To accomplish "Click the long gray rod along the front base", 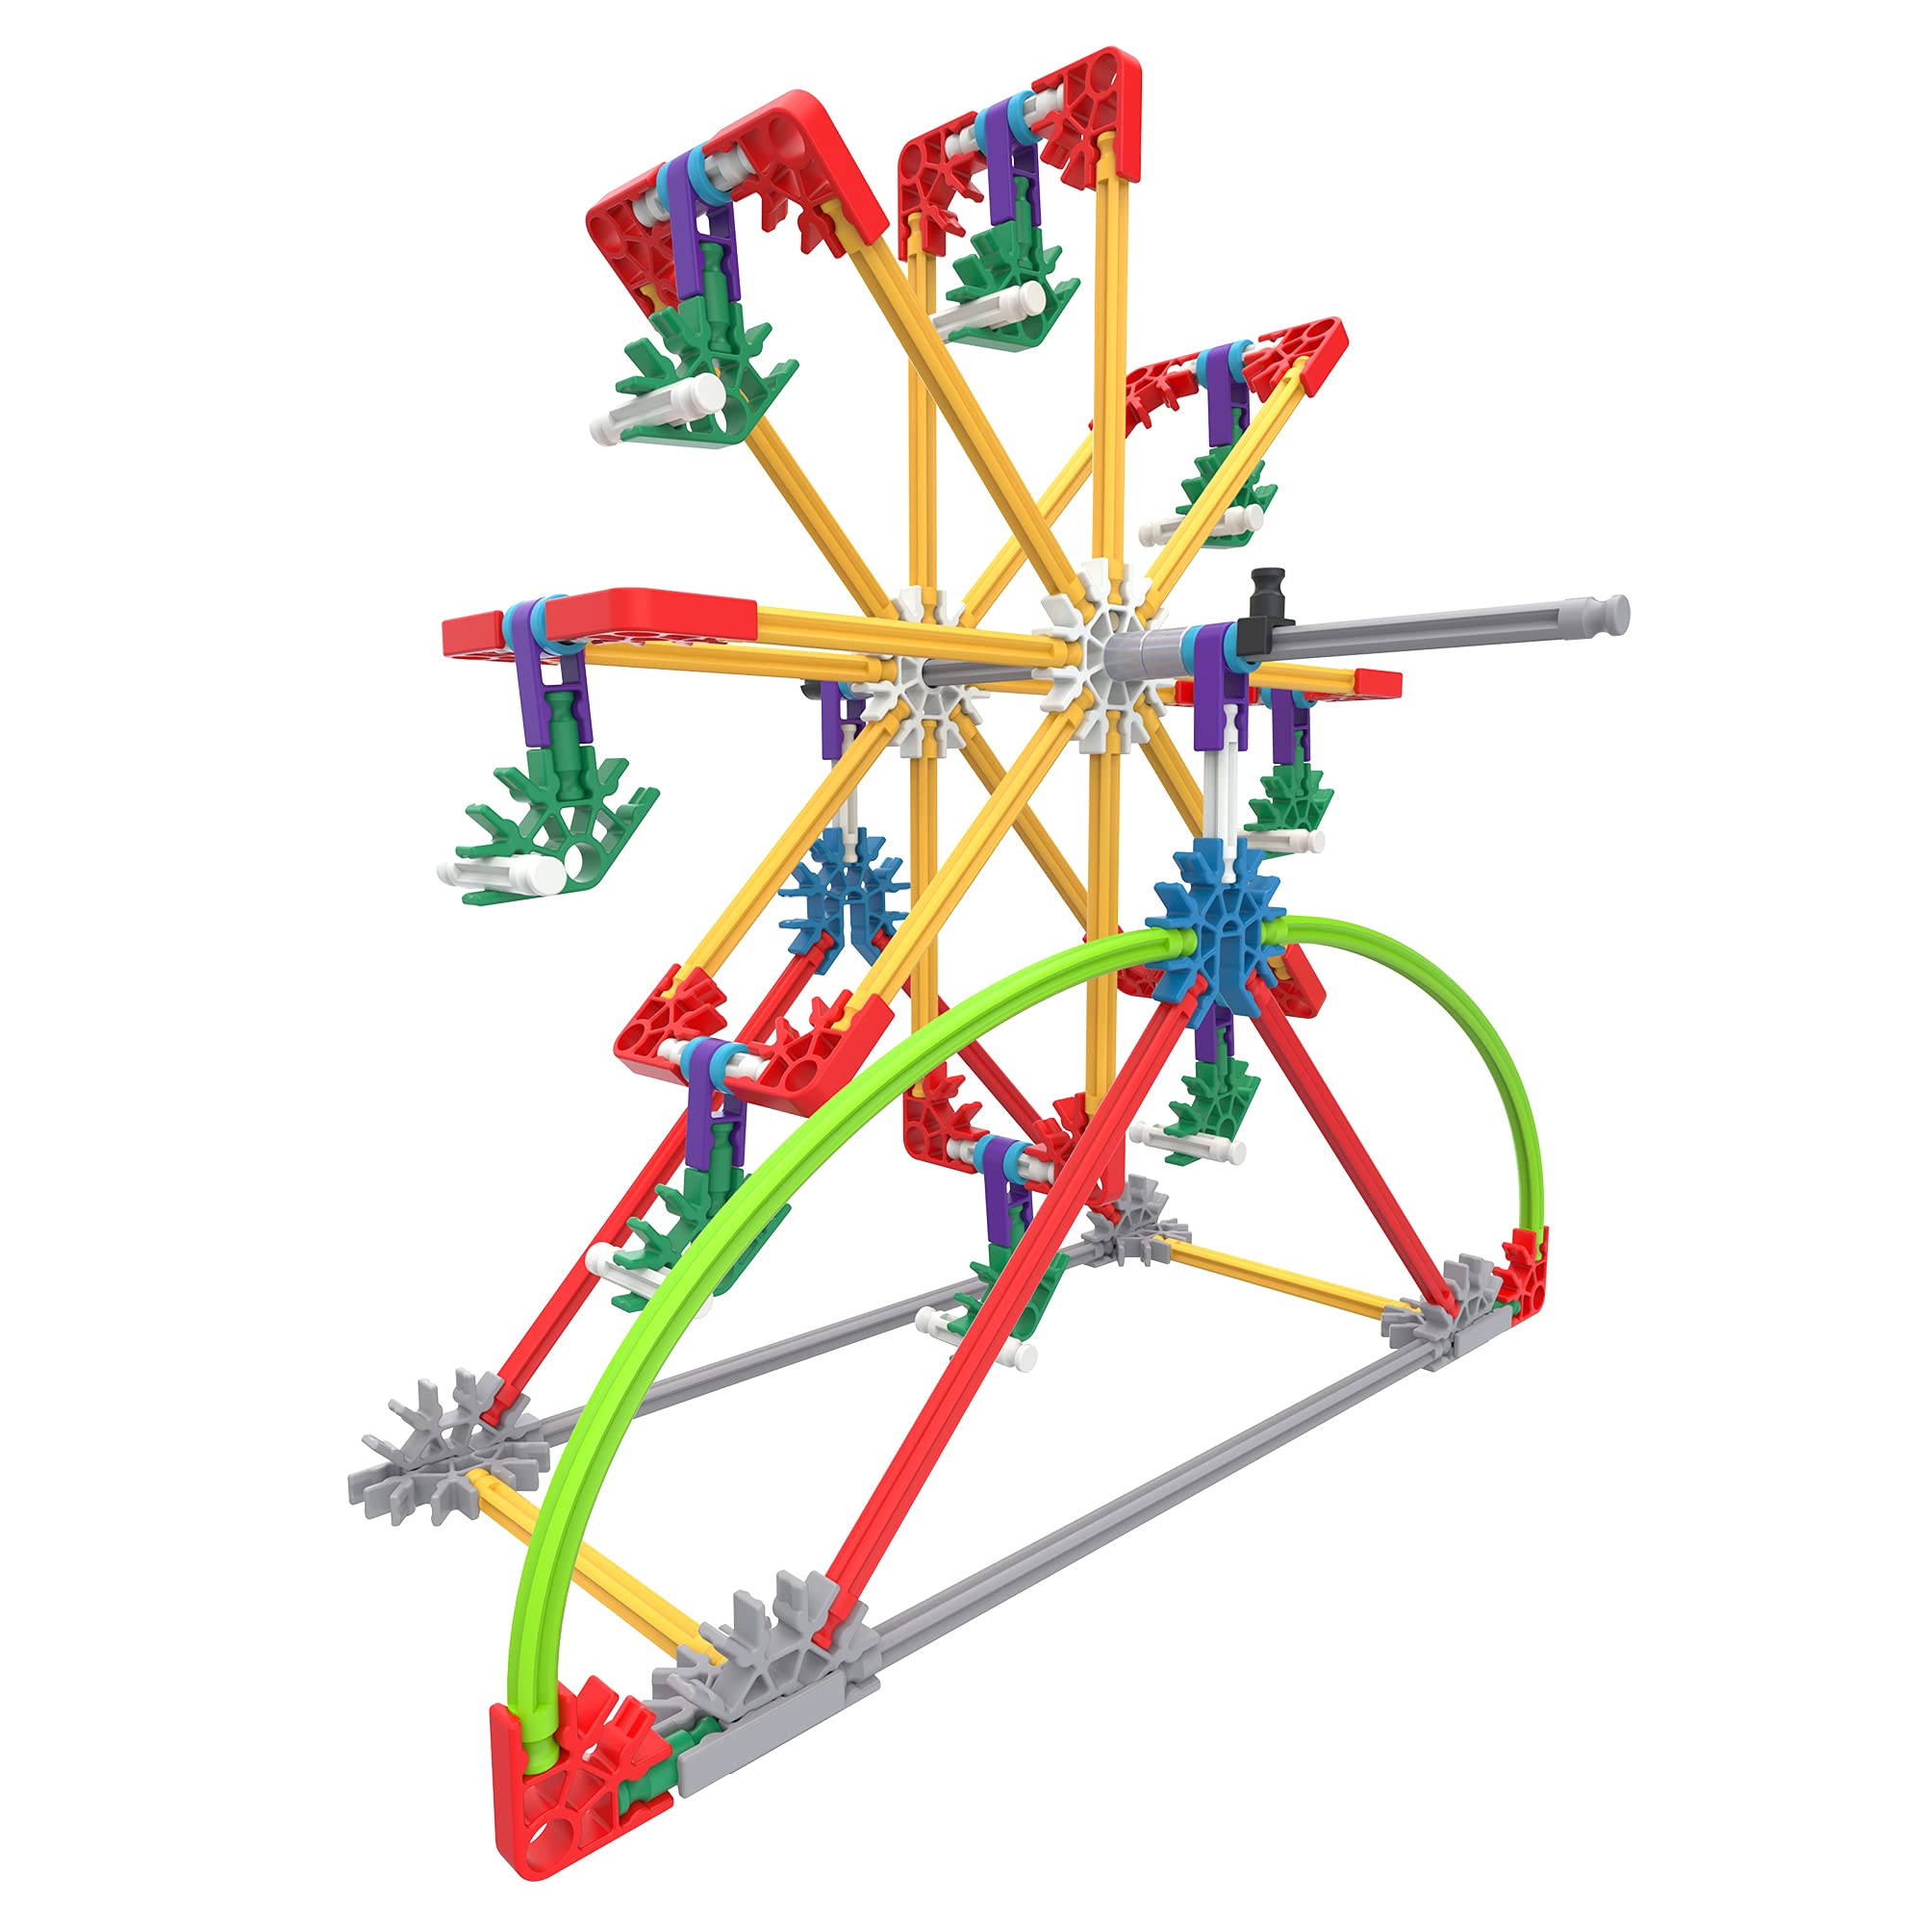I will (x=1145, y=1494).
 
